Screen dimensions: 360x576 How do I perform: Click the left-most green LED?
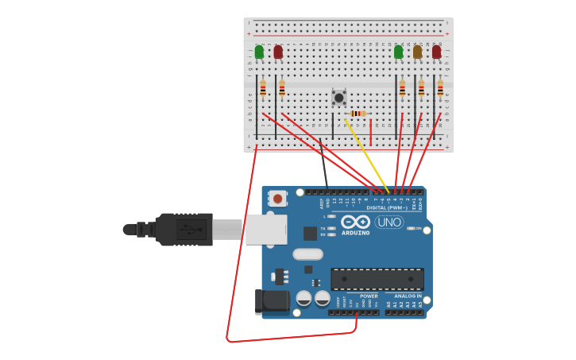(x=259, y=52)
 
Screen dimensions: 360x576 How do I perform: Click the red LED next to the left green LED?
(x=278, y=52)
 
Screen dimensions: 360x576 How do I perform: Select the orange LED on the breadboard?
(x=417, y=52)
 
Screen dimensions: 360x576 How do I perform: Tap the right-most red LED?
(x=436, y=52)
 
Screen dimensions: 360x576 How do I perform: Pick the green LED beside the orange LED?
(x=398, y=52)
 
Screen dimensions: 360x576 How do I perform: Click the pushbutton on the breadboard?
(x=339, y=98)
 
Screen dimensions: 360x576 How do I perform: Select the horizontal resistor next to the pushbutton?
(x=358, y=114)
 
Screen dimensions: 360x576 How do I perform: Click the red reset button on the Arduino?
(x=277, y=198)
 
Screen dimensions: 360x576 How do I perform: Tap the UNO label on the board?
(x=389, y=222)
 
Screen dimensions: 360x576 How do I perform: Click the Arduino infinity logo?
(x=355, y=222)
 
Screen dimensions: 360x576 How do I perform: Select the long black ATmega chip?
(x=377, y=279)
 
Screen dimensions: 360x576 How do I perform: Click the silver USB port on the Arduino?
(x=265, y=229)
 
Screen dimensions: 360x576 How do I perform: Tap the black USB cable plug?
(x=184, y=230)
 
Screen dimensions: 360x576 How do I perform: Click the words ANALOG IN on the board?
(x=408, y=296)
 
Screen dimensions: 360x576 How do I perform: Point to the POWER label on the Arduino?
(x=369, y=296)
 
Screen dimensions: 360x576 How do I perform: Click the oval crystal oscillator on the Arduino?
(x=308, y=254)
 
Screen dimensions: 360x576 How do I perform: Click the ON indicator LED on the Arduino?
(x=412, y=229)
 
